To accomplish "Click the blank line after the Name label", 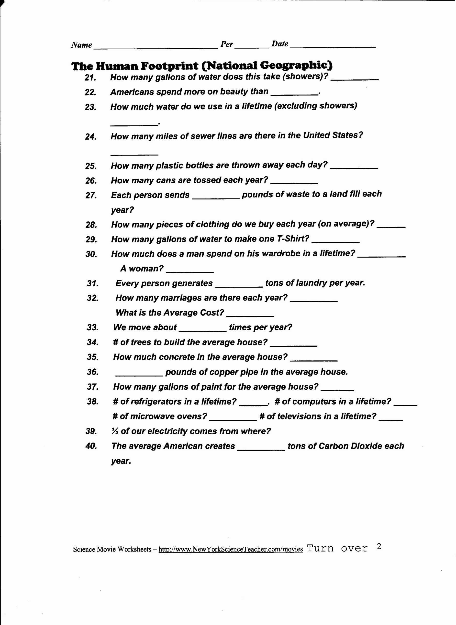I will click(x=156, y=47).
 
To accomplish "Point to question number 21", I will click(x=90, y=78).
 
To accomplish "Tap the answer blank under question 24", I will click(x=134, y=154).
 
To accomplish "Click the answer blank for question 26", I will click(x=294, y=183).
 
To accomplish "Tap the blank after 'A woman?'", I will click(x=190, y=271).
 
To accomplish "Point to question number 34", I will click(x=93, y=342).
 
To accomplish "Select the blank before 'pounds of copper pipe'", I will click(x=139, y=375).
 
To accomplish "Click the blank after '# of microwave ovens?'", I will click(x=233, y=419).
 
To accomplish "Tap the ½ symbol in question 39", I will click(x=115, y=431).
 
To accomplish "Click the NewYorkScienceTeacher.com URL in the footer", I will click(x=231, y=549).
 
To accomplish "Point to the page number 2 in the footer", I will click(x=379, y=546).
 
